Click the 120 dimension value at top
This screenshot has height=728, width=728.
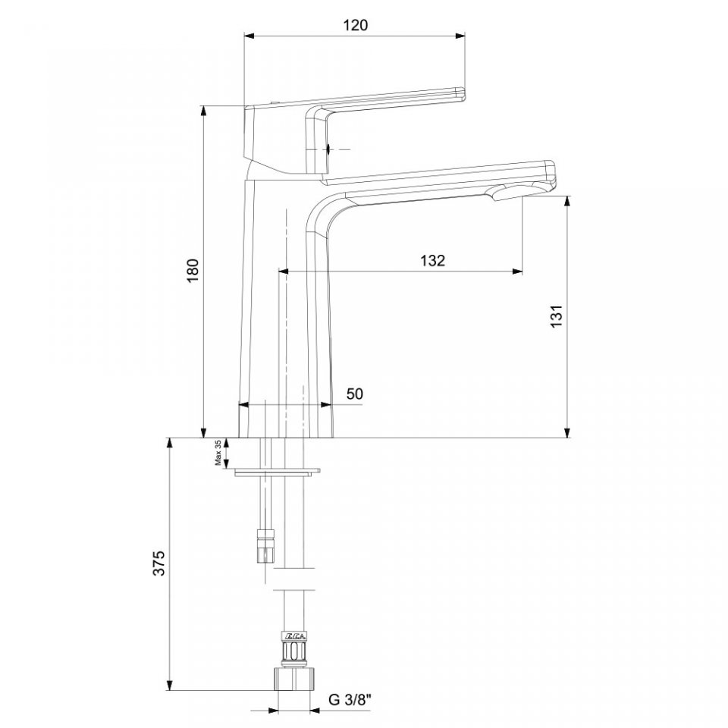click(356, 25)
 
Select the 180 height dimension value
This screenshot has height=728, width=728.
click(193, 270)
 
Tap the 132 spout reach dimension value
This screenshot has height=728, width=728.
click(433, 260)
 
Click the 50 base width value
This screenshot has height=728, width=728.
click(355, 394)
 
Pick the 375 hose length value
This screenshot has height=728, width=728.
click(159, 563)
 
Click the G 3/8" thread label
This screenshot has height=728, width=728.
click(350, 700)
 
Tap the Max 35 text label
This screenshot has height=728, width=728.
click(218, 453)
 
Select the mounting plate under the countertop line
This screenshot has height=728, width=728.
click(278, 472)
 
